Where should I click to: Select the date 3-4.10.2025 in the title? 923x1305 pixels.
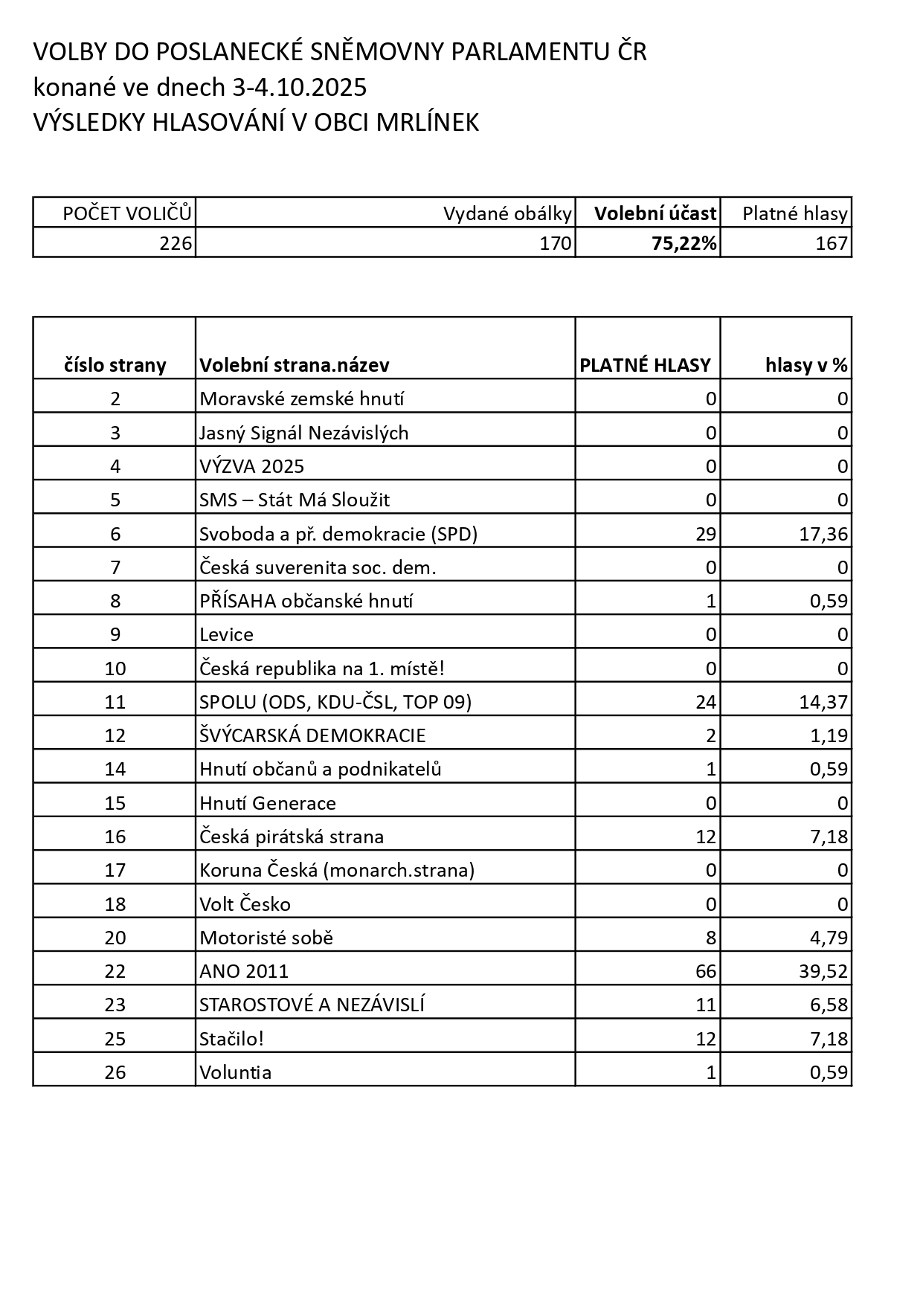point(300,88)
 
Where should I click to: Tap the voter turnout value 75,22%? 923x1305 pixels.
point(684,244)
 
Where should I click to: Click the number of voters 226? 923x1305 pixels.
point(176,244)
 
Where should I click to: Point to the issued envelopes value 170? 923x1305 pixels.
point(555,244)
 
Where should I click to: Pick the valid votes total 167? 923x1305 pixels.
point(831,244)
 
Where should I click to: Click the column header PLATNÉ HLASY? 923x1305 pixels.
point(645,365)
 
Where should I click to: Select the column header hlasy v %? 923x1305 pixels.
point(806,365)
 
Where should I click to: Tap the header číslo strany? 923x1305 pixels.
point(115,365)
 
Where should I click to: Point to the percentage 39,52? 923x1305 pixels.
point(823,971)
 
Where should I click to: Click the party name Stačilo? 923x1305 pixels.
point(231,1039)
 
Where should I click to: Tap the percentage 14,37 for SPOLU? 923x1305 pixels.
point(823,702)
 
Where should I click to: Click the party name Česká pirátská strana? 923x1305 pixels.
point(292,837)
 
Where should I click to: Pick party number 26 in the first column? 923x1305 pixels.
point(115,1072)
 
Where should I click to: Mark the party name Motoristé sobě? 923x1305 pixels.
point(266,938)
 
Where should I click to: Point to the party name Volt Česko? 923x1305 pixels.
point(245,904)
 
